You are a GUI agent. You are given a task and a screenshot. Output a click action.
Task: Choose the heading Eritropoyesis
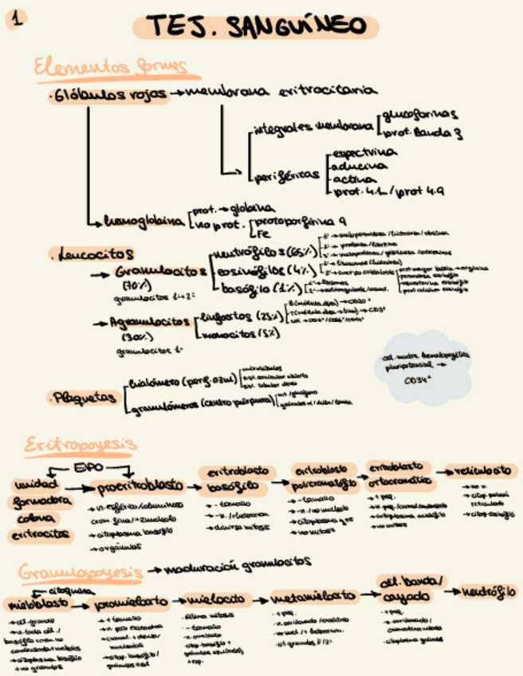81,443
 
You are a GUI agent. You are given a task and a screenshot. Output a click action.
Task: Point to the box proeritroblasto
141,485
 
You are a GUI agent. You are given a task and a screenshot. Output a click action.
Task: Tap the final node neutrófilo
489,591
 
